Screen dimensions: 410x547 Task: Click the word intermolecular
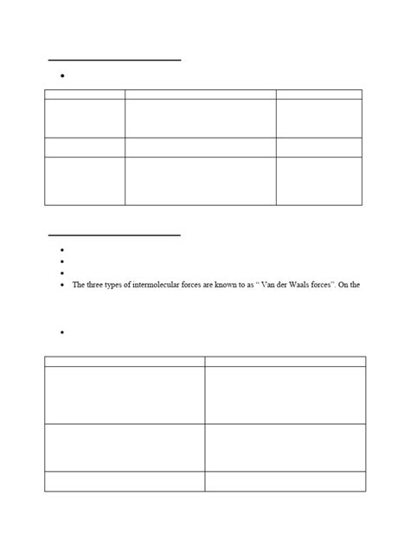coord(150,285)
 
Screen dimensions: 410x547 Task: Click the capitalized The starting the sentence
coord(80,285)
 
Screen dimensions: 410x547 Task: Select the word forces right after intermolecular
coord(189,285)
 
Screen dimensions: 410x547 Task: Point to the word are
coord(203,285)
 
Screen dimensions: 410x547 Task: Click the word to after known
coord(230,285)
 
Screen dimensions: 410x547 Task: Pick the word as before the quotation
coord(240,285)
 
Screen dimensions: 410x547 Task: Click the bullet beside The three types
coord(64,285)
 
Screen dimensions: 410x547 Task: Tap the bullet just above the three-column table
coord(64,77)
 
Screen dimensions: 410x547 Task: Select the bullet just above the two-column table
coord(64,333)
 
